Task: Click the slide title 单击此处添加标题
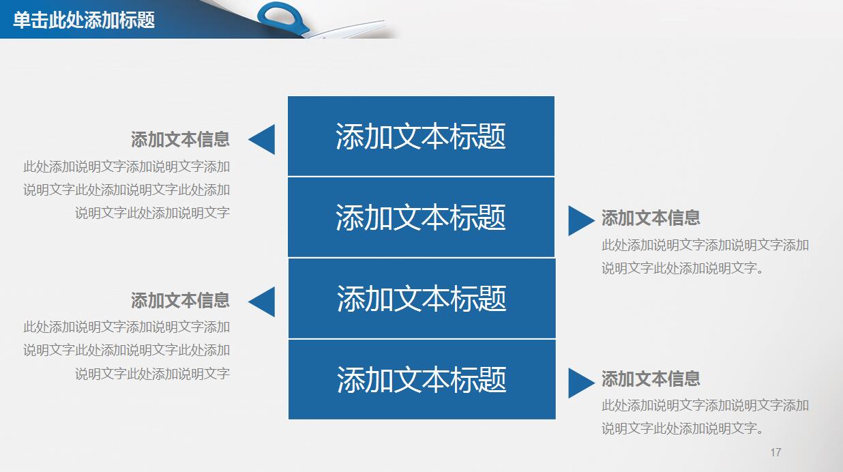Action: [x=84, y=20]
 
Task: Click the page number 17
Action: [x=775, y=452]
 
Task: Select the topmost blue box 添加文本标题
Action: [x=421, y=136]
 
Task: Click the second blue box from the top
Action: [x=421, y=217]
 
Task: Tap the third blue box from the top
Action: [x=421, y=298]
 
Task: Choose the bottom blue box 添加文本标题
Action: [x=421, y=379]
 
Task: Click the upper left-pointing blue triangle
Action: [x=264, y=140]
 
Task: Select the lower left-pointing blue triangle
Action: [x=264, y=301]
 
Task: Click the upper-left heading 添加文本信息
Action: [x=180, y=140]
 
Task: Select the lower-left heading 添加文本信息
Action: [x=180, y=300]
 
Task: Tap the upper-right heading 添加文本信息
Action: [x=651, y=218]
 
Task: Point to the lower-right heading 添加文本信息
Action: [x=651, y=379]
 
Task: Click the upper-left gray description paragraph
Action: [x=127, y=190]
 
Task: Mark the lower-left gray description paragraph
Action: [x=127, y=350]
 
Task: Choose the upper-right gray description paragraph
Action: [x=705, y=256]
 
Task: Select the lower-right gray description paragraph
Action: [x=705, y=417]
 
